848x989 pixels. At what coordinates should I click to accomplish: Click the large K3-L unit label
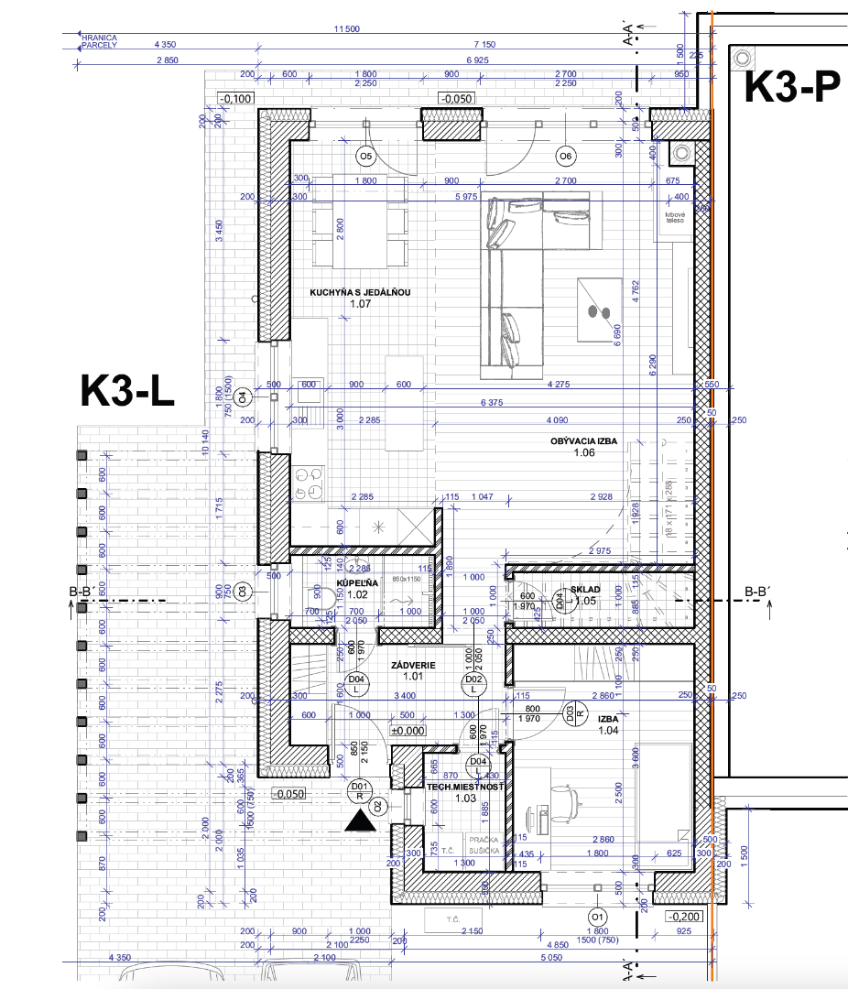click(x=126, y=391)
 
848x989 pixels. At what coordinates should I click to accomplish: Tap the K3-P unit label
click(x=791, y=88)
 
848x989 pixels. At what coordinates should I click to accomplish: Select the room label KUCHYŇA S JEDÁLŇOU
click(x=360, y=293)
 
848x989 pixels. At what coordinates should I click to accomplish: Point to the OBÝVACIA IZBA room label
click(x=583, y=441)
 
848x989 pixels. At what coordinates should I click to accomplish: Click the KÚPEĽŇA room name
click(x=358, y=582)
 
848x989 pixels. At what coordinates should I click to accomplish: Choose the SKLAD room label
click(x=585, y=590)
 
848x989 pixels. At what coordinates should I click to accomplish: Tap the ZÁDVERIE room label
click(x=413, y=665)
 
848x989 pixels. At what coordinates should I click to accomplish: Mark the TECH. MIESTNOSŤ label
click(x=465, y=786)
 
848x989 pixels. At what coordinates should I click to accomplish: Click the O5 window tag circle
click(x=365, y=157)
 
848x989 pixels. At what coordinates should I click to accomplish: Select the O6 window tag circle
click(x=565, y=156)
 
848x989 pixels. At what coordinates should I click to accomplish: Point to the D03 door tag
click(x=570, y=712)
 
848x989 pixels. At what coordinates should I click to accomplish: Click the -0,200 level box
click(x=683, y=917)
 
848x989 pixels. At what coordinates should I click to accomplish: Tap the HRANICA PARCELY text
click(x=99, y=40)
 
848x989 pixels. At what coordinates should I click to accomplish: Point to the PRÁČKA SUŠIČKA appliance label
click(x=484, y=844)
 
